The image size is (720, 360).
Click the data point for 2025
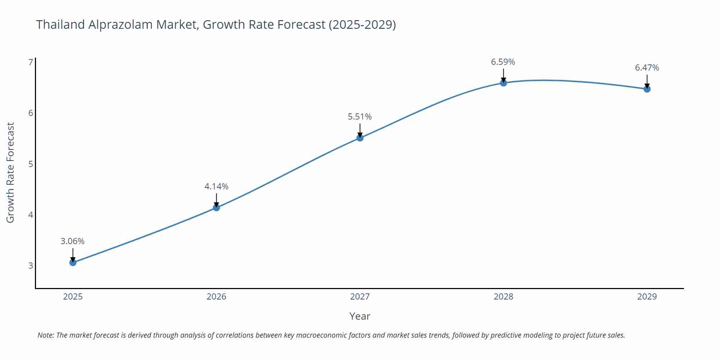pos(73,262)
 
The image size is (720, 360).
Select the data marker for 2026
pos(216,207)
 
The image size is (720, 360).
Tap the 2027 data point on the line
pos(360,138)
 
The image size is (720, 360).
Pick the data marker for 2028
pos(503,83)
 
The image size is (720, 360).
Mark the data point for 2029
pos(647,89)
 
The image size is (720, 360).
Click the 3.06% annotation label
pos(72,241)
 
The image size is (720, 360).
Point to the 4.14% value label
pos(216,186)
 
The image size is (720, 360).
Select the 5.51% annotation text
pos(360,117)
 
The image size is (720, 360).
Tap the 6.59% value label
pos(503,62)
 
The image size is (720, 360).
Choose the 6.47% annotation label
pos(647,68)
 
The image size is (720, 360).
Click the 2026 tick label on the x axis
pos(216,297)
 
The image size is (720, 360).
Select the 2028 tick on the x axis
pos(503,297)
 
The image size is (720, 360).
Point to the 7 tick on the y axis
pos(31,62)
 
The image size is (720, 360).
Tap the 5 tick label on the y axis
pos(31,164)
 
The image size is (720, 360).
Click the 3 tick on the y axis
pos(31,266)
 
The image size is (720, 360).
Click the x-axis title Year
pos(360,316)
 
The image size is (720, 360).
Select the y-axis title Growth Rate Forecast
pos(10,173)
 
